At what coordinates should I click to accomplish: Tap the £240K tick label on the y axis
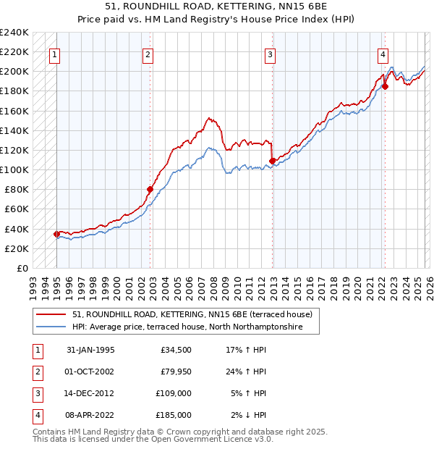(14, 33)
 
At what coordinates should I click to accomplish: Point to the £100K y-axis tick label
(14, 169)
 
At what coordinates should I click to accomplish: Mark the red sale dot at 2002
(150, 190)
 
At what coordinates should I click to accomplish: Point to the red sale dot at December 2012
(272, 161)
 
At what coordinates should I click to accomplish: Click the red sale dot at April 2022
(385, 86)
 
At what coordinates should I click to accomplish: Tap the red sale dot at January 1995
(57, 234)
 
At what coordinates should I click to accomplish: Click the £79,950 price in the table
(176, 372)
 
